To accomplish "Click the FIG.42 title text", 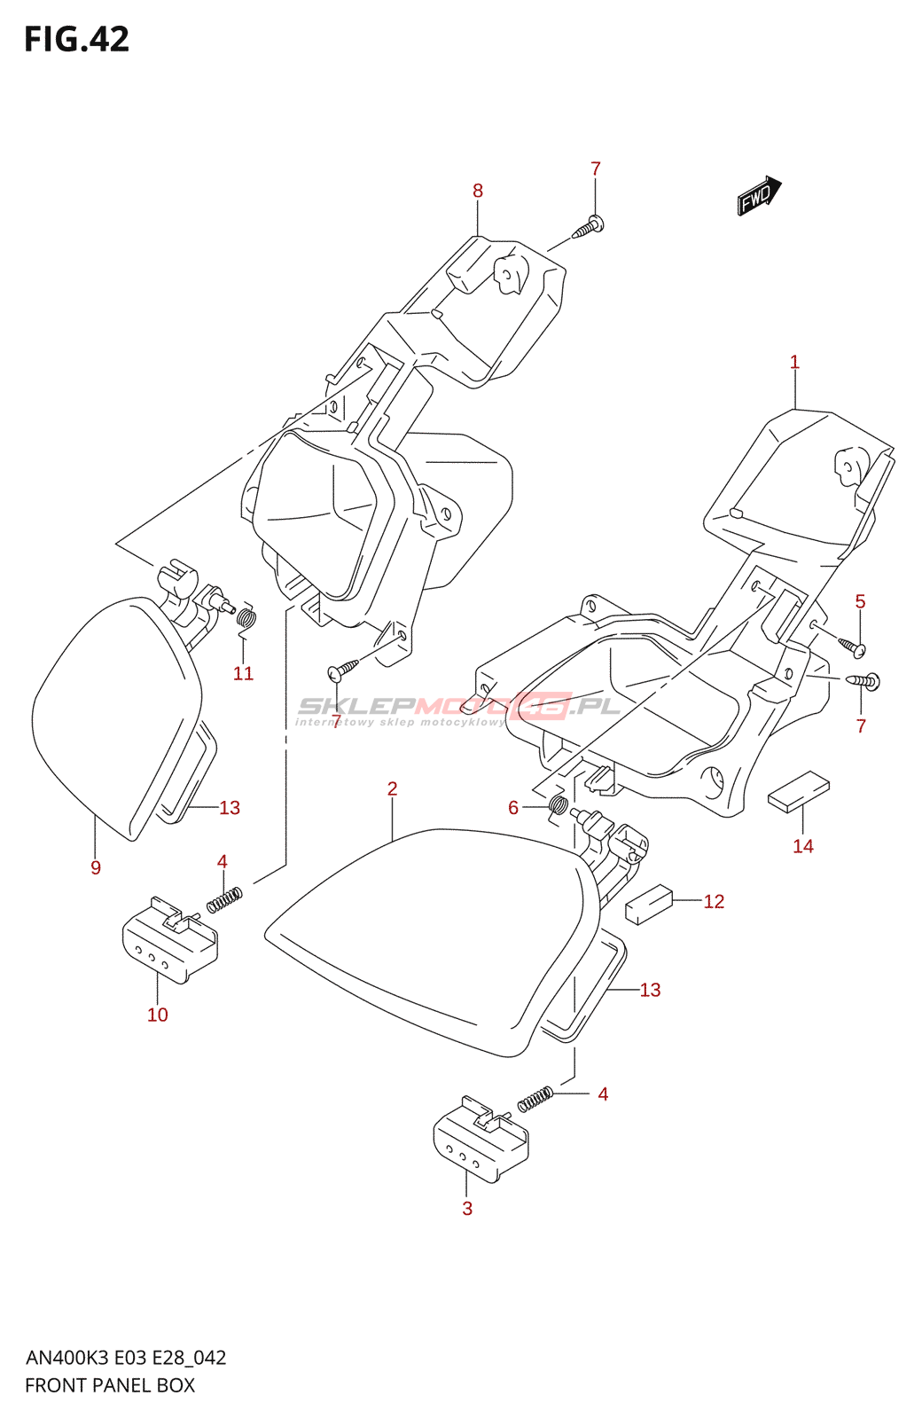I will (77, 40).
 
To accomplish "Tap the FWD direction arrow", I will (759, 196).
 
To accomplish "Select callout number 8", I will (478, 191).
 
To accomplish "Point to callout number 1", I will (794, 363).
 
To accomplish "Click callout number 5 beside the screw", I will (860, 602).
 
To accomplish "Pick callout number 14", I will (803, 846).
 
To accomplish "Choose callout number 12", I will (714, 902).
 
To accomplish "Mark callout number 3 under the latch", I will (467, 1208).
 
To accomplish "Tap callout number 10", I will (158, 1015).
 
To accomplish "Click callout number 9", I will (96, 867).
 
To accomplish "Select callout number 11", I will (243, 674).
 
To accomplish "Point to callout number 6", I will (513, 807).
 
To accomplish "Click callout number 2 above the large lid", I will (392, 788).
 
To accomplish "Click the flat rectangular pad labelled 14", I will (798, 791).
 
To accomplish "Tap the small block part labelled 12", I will (649, 904).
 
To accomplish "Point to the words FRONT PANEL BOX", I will (110, 1385).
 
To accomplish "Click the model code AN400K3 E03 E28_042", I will (126, 1358).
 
